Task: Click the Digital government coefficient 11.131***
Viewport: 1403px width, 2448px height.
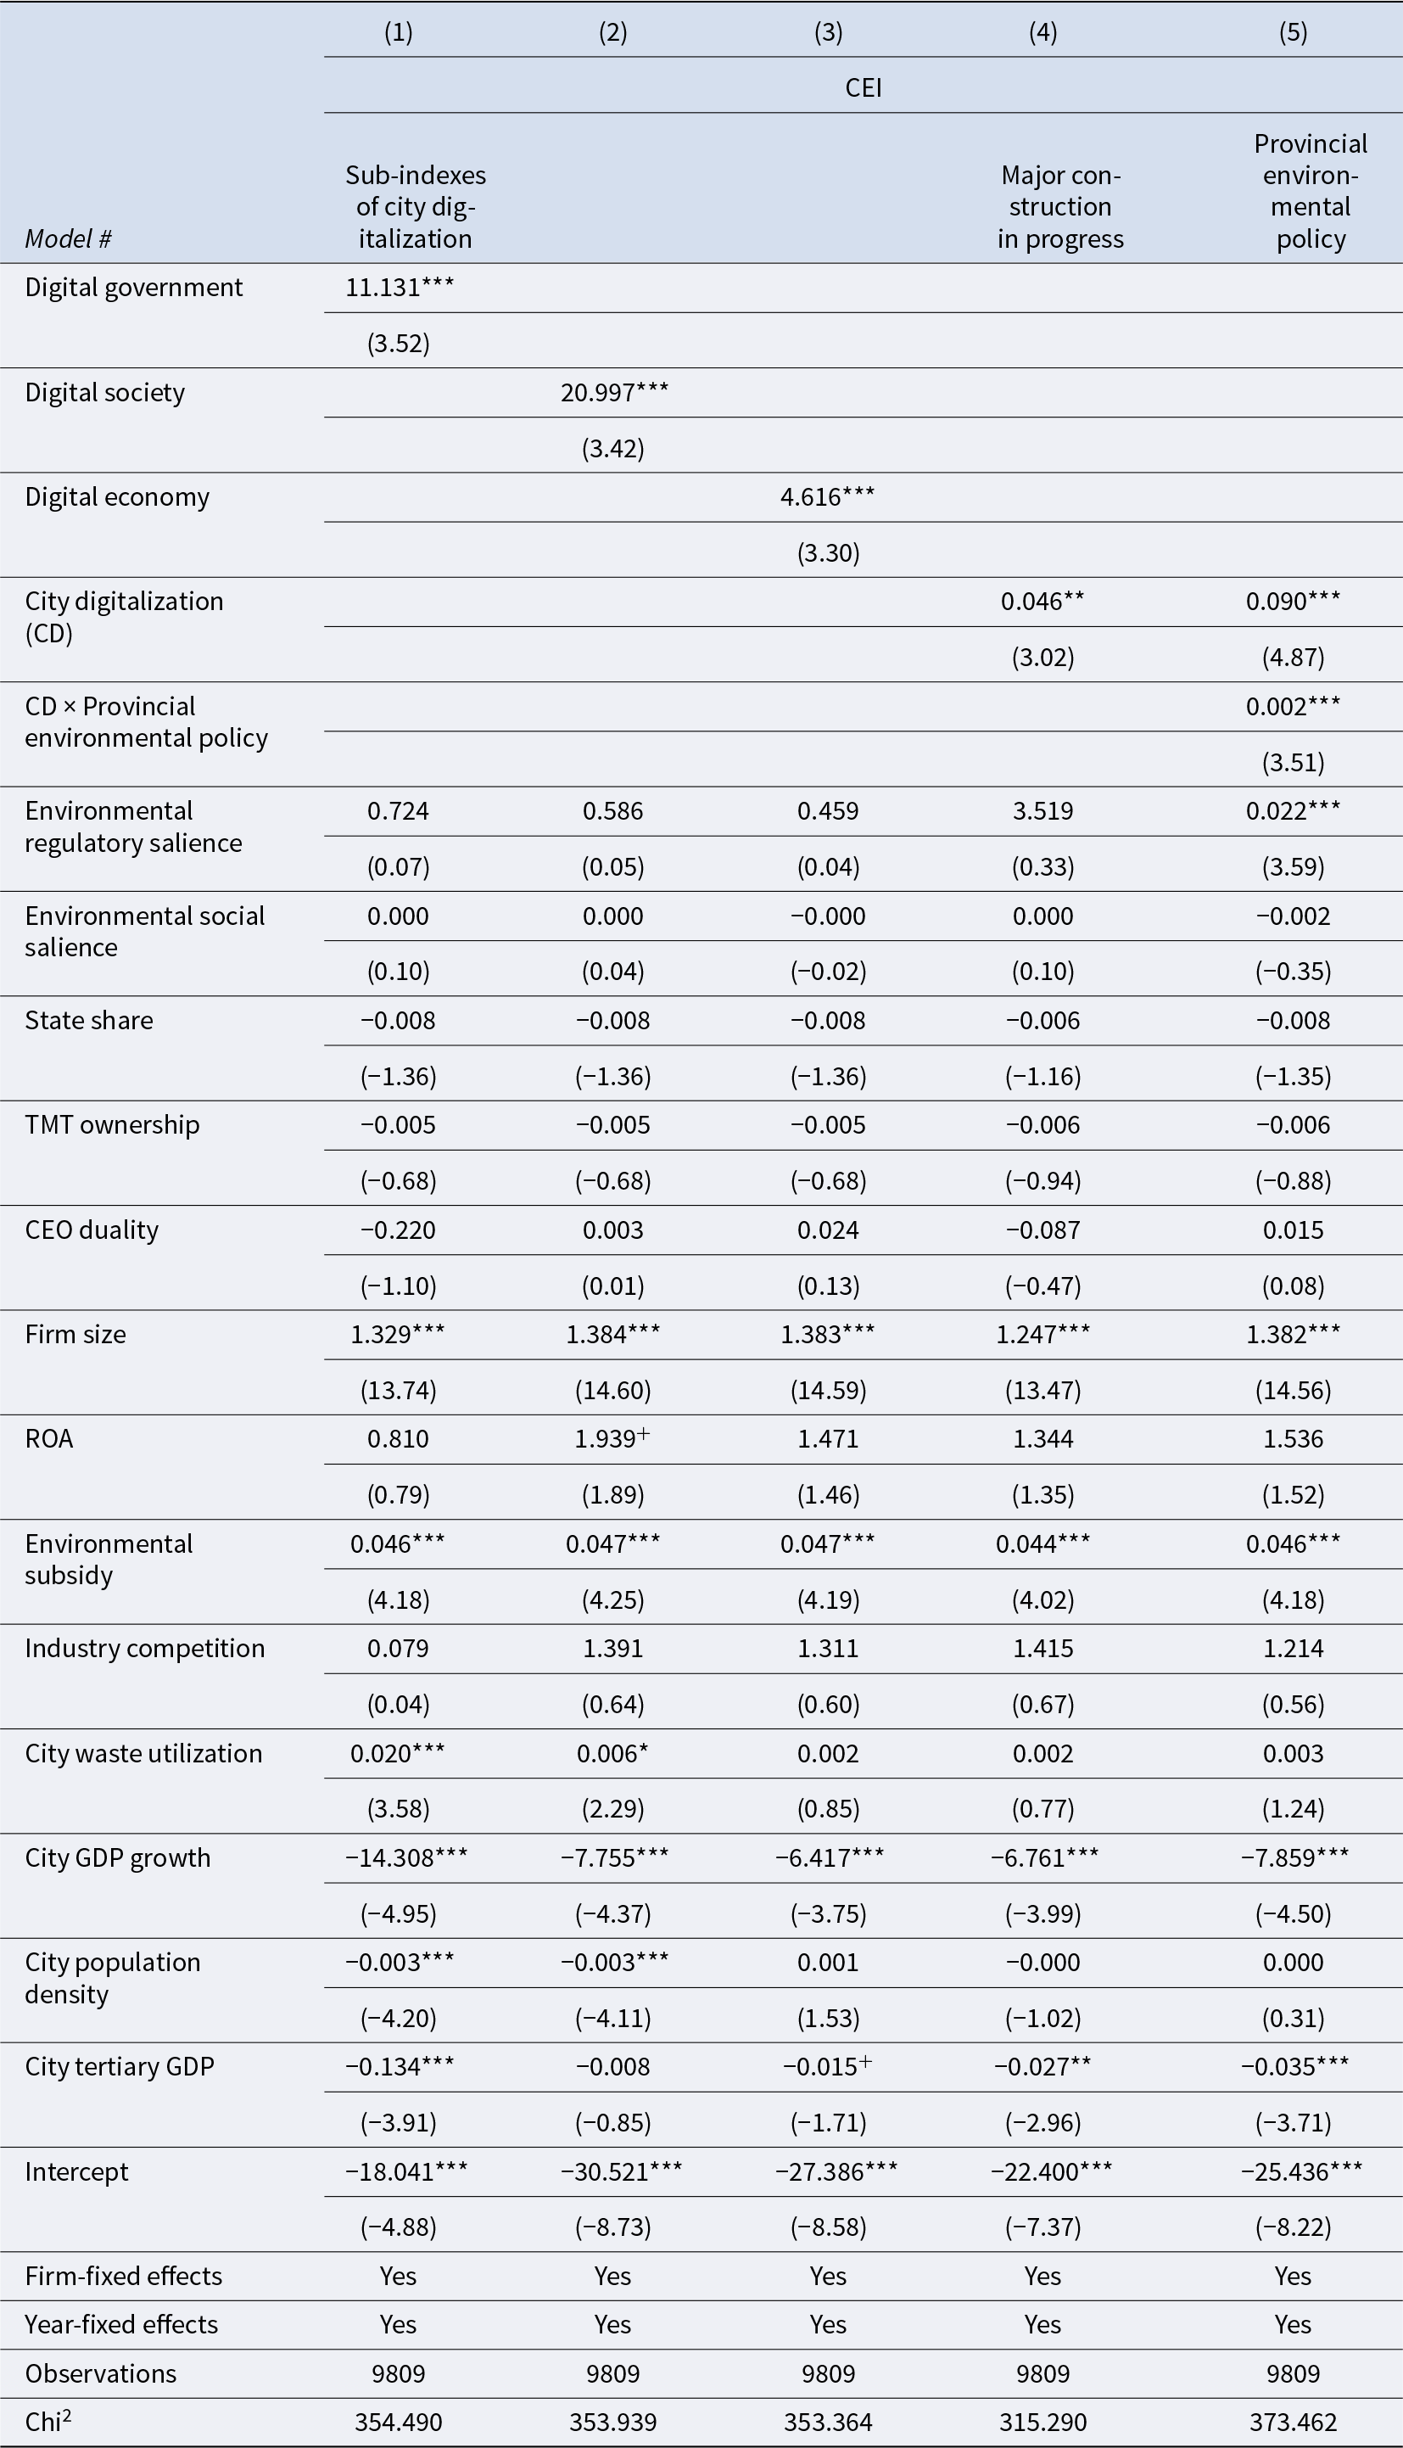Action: pos(399,287)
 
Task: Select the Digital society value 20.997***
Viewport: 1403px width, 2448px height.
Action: pos(614,392)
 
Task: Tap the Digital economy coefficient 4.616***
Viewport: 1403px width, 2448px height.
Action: pos(828,496)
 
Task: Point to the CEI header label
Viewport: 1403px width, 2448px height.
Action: pos(864,87)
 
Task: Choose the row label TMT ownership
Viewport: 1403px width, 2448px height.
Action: pos(112,1125)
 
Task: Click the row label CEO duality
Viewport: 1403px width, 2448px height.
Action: pos(92,1230)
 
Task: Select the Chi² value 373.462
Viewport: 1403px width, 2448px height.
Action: pos(1292,2422)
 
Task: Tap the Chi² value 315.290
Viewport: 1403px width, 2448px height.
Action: pos(1042,2422)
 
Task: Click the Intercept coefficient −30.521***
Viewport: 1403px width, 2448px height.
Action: pos(621,2171)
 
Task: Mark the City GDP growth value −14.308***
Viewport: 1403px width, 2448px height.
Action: pos(405,1857)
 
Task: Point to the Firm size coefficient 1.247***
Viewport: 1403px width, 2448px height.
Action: pos(1042,1334)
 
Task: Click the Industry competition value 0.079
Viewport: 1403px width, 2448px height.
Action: pos(398,1648)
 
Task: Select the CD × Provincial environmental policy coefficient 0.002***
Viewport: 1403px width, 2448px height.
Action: pos(1292,707)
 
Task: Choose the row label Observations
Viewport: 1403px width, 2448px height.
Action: pos(101,2374)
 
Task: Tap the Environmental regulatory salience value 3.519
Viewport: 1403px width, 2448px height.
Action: pos(1042,810)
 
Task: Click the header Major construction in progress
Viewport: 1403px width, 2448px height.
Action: pos(1060,207)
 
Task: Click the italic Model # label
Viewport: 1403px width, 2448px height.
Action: pos(69,239)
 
